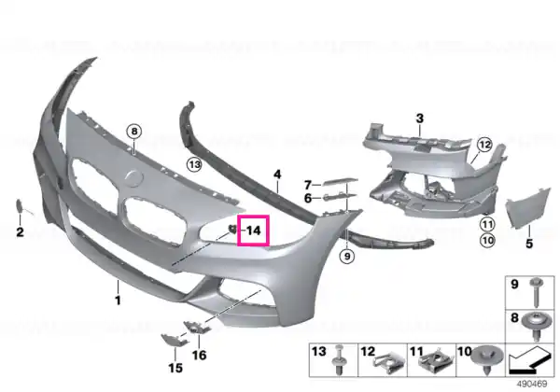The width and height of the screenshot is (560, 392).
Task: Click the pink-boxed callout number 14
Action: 254,231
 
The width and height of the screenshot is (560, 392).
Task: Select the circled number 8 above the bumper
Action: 134,132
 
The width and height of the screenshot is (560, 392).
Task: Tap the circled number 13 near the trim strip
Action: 194,164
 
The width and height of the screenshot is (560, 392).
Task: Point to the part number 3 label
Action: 420,119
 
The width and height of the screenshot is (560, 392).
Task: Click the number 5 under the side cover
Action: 529,244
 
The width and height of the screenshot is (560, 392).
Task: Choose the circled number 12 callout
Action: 484,145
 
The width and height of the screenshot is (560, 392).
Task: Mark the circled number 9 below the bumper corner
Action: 347,256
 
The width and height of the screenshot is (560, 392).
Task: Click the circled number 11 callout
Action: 487,225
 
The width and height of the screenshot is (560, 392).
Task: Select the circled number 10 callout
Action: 487,240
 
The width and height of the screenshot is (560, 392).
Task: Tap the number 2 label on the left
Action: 20,232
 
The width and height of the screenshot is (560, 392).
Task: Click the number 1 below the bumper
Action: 118,300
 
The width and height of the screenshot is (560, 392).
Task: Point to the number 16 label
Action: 200,355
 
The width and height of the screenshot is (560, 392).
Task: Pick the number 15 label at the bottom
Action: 175,368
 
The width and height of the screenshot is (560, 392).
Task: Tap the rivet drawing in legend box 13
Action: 339,360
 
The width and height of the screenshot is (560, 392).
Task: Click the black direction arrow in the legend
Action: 528,361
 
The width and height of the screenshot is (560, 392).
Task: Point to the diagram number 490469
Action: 532,384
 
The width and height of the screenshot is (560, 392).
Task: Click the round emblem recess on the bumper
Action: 134,178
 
